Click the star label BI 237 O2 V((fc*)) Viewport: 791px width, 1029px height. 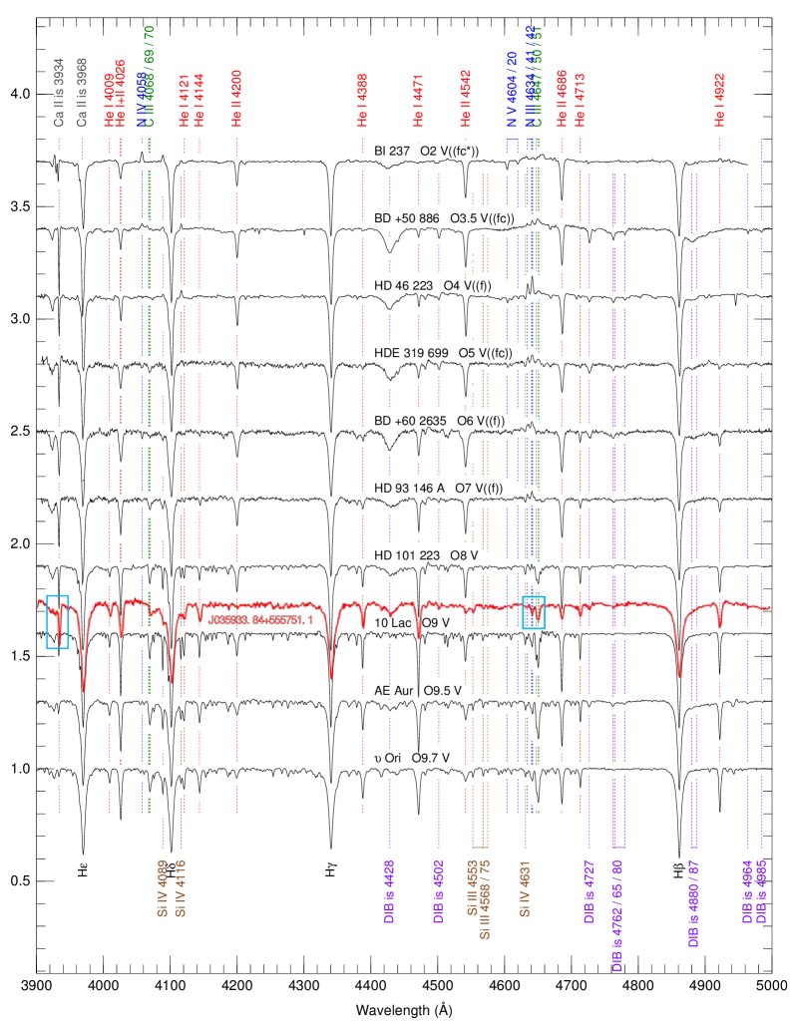coord(427,152)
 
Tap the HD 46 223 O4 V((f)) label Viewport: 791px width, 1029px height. coord(433,286)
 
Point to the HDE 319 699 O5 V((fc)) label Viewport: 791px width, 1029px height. coord(444,354)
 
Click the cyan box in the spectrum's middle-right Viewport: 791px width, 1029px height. coord(534,612)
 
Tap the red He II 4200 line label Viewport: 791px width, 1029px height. coord(236,98)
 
